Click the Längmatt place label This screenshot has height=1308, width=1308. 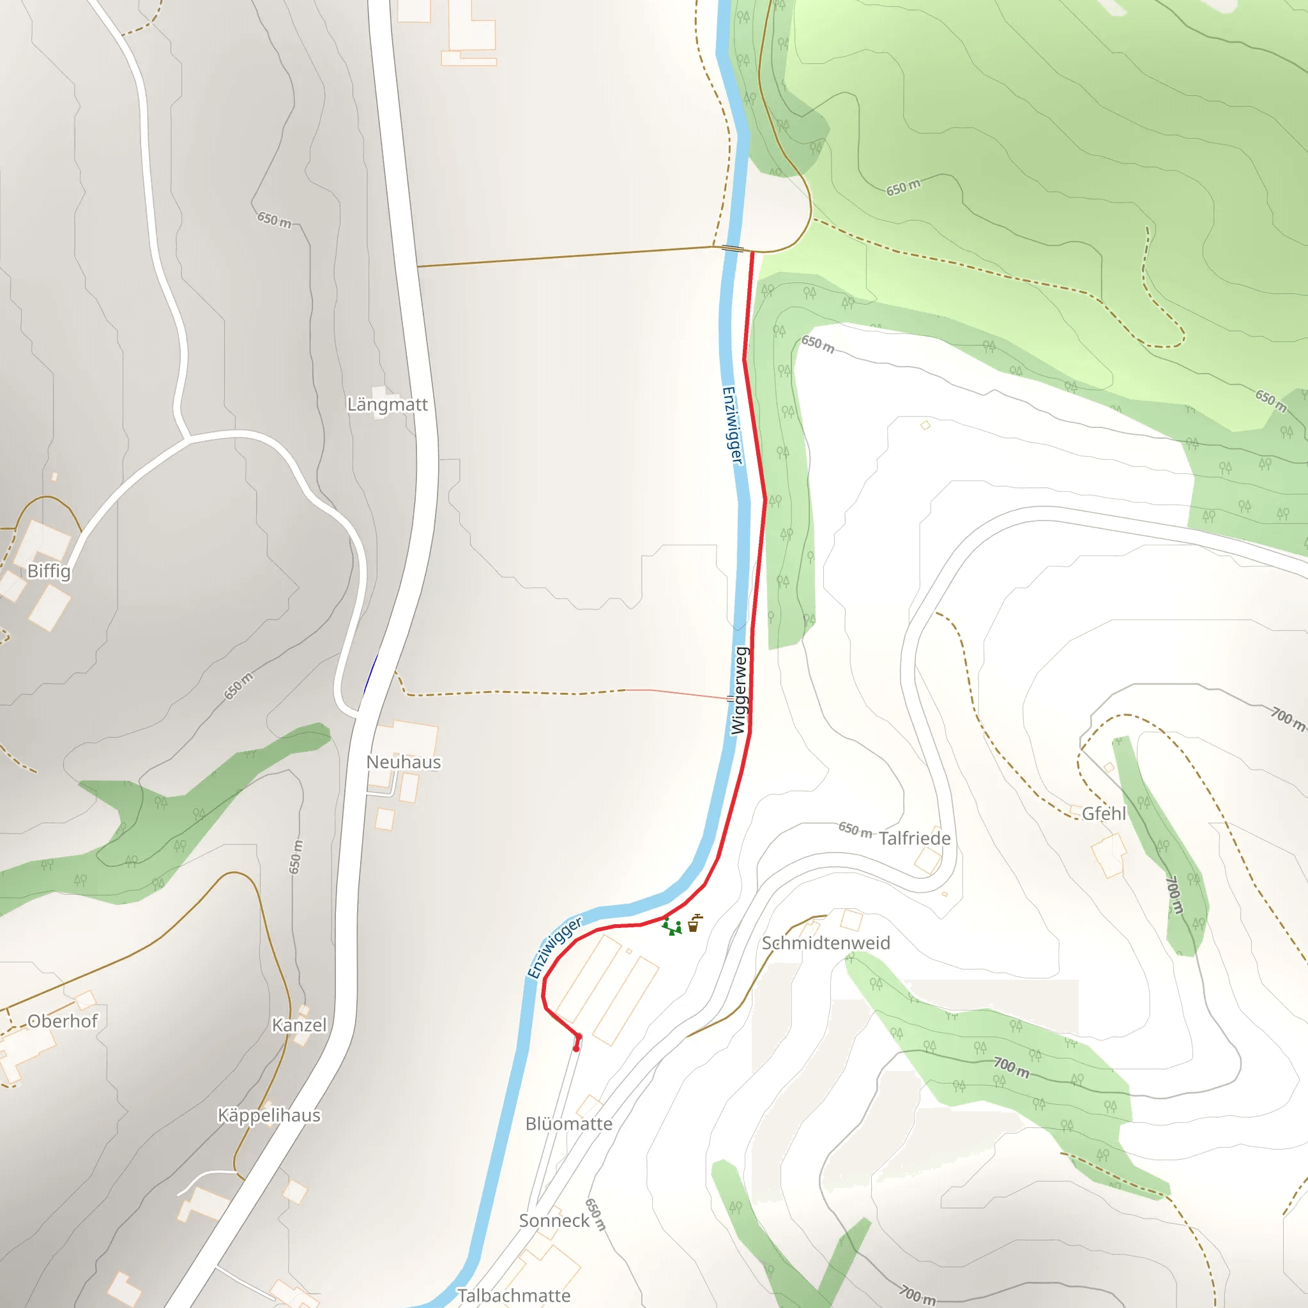click(x=387, y=404)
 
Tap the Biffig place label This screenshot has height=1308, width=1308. click(x=49, y=571)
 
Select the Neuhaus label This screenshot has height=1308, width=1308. click(x=404, y=762)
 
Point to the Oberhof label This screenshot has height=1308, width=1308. click(x=63, y=1021)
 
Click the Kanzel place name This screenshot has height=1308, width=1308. click(x=300, y=1025)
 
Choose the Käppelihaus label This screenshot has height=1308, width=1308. click(x=269, y=1115)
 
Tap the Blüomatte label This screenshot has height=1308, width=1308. click(x=568, y=1124)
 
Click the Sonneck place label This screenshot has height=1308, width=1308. click(x=554, y=1221)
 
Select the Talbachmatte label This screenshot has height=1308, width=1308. click(x=514, y=1295)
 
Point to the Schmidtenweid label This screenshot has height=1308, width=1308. click(x=826, y=943)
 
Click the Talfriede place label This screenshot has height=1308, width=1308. click(x=915, y=838)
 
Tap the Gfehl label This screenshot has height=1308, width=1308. click(x=1104, y=814)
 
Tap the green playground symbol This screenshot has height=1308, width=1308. click(x=672, y=926)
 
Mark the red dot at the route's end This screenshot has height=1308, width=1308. click(x=576, y=1049)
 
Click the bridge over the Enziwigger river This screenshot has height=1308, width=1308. click(x=733, y=248)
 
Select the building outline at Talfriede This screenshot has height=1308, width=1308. click(x=927, y=860)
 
